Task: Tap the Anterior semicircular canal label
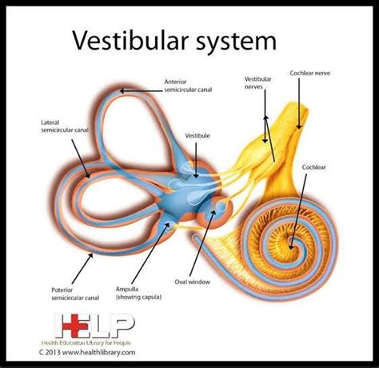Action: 186,85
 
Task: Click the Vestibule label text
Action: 197,136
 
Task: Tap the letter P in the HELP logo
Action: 121,324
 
